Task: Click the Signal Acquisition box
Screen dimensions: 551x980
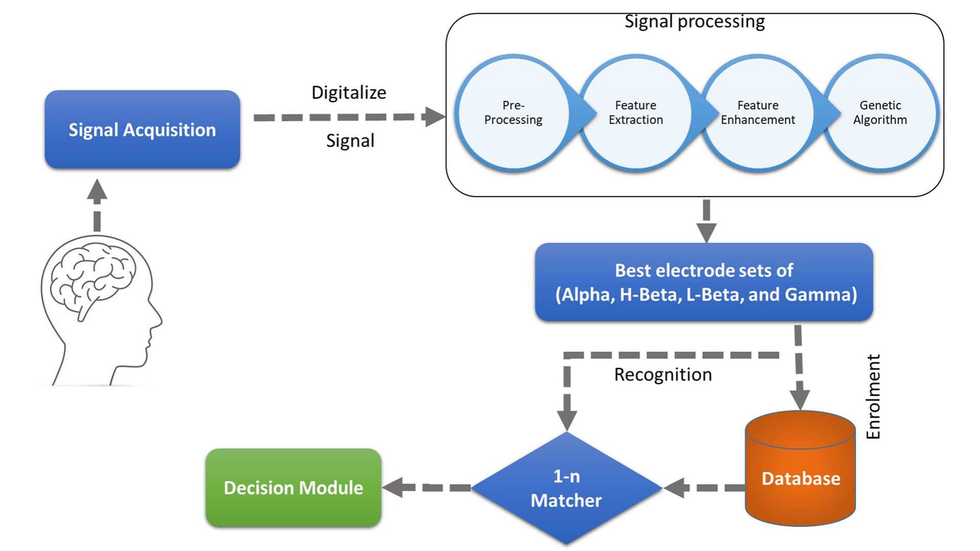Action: pyautogui.click(x=142, y=129)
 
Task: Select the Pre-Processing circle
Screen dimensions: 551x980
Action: pyautogui.click(x=513, y=112)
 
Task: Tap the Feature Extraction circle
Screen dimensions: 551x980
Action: pyautogui.click(x=635, y=112)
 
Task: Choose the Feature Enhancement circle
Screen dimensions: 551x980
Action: pyautogui.click(x=758, y=112)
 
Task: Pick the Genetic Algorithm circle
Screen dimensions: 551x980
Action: pyautogui.click(x=880, y=112)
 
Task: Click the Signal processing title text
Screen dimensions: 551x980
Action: pyautogui.click(x=694, y=21)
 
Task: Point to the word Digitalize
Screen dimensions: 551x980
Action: pyautogui.click(x=349, y=93)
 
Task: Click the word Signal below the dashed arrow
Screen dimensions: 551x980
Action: pyautogui.click(x=350, y=141)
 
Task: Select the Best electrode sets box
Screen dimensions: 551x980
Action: pyautogui.click(x=704, y=282)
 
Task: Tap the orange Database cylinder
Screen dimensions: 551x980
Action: pyautogui.click(x=800, y=478)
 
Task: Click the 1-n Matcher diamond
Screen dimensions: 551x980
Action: pyautogui.click(x=566, y=488)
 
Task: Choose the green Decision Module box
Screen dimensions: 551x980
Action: pyautogui.click(x=293, y=488)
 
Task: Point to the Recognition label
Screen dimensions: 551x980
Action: pyautogui.click(x=663, y=375)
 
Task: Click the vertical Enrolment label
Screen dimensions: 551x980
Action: pyautogui.click(x=874, y=397)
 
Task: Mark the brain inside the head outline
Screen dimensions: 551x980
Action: pyautogui.click(x=92, y=276)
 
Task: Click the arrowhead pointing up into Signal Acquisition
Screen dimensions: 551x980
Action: pyautogui.click(x=97, y=190)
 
